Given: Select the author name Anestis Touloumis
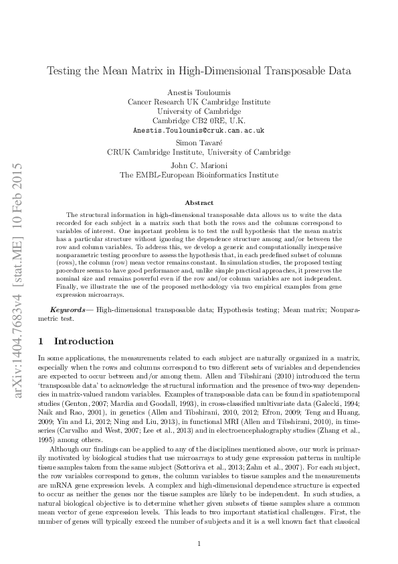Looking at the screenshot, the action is (199, 92).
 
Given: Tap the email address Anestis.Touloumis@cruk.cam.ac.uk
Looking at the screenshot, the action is (199, 130).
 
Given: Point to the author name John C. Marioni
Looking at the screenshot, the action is (199, 165).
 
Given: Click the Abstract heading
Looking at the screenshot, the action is (199, 202).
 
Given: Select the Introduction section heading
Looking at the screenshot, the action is (84, 340).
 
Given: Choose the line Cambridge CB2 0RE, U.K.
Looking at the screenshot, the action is (199, 121).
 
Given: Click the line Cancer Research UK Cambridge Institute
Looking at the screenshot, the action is (199, 102).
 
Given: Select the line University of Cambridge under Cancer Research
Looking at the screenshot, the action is (199, 111).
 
